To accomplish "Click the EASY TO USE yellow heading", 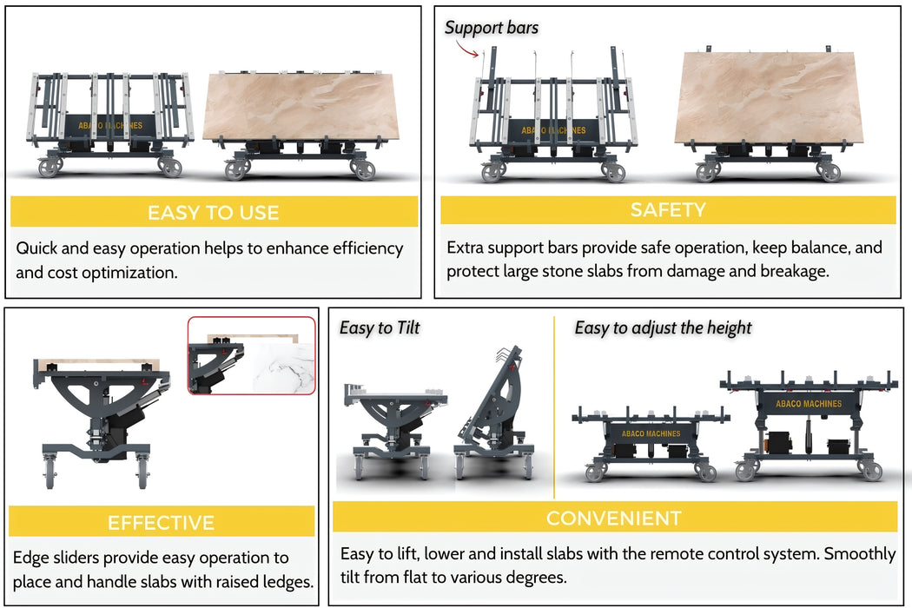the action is click(x=214, y=212).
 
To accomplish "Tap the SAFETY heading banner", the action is click(x=668, y=209).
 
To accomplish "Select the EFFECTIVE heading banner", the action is click(x=161, y=522).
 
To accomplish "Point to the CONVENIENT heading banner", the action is click(x=614, y=518).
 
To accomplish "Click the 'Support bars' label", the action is click(x=492, y=27).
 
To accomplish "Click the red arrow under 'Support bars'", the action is click(x=467, y=50).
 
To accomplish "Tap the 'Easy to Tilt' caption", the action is click(x=380, y=327).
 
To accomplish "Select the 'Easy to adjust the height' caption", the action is click(x=663, y=327).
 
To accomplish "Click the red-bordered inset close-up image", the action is click(x=251, y=355).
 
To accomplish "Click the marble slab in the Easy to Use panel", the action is click(x=301, y=107).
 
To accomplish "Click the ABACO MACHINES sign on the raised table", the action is click(x=809, y=403).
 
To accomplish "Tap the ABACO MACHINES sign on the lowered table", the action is click(x=651, y=433).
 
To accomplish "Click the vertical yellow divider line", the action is click(x=554, y=407).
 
